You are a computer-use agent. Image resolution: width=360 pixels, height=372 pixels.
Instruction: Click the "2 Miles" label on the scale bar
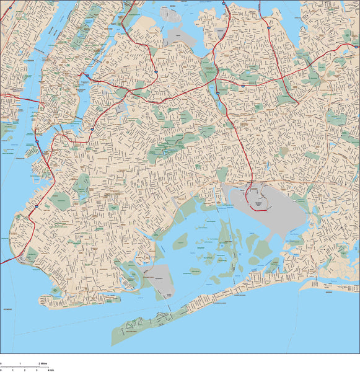tap(43, 363)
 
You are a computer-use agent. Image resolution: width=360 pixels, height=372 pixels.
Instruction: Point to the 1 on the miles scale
tap(20, 363)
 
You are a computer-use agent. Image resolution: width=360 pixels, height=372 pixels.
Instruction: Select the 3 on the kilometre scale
tap(37, 369)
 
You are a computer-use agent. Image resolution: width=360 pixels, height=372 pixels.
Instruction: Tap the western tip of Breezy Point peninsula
tap(113, 340)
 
